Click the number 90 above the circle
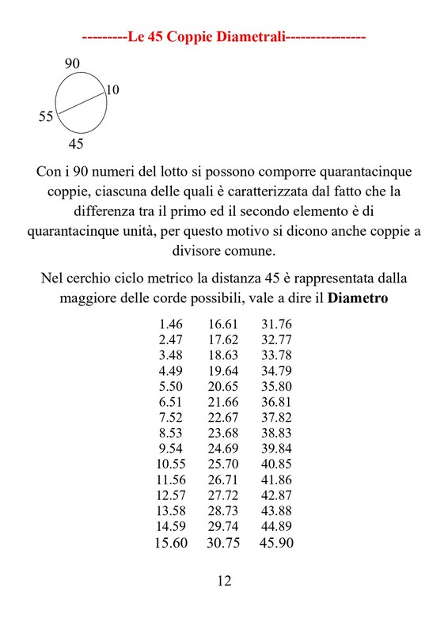[73, 63]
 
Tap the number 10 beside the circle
[112, 90]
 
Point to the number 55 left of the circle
[46, 117]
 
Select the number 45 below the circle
[76, 144]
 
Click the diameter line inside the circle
[82, 104]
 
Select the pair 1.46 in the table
[171, 324]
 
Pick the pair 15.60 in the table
[169, 544]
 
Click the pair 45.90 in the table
[276, 544]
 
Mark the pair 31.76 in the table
[276, 324]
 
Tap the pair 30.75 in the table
[223, 544]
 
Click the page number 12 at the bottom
[224, 582]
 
